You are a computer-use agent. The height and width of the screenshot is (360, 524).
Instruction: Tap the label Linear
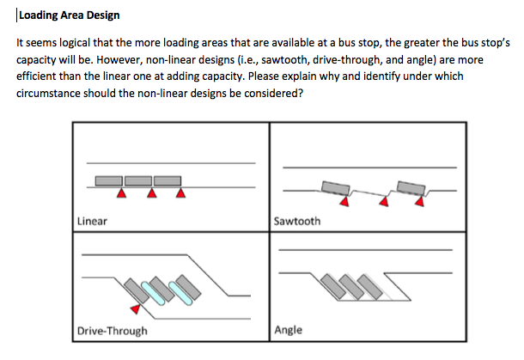click(x=92, y=221)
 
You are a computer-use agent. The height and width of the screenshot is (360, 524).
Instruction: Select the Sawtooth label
click(x=297, y=221)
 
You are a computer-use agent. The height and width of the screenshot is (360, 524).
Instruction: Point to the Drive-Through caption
click(x=112, y=331)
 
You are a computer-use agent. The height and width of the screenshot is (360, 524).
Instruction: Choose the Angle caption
click(x=289, y=330)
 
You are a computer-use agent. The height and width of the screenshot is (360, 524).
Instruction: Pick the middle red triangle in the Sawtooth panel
click(x=384, y=204)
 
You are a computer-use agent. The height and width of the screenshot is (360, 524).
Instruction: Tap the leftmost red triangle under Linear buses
click(x=122, y=194)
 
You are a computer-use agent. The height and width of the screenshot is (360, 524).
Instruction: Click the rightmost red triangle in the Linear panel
click(x=180, y=194)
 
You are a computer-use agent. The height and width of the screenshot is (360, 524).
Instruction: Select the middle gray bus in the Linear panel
click(x=138, y=181)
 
